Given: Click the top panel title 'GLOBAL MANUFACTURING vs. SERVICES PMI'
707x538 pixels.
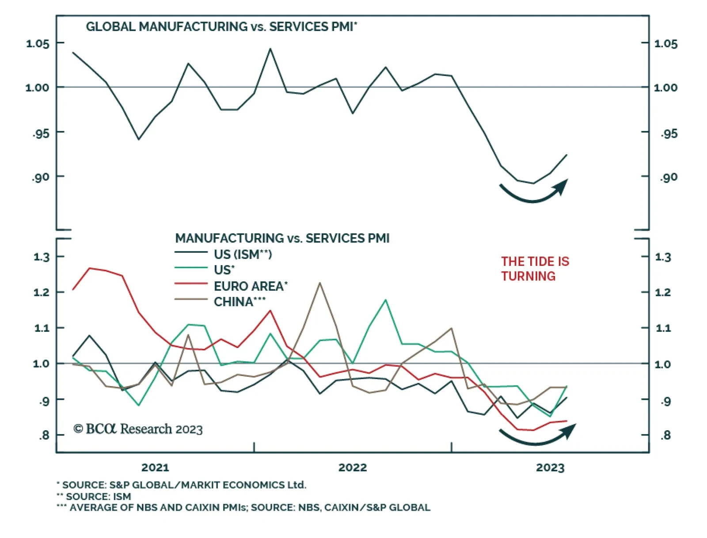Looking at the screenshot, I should tap(221, 27).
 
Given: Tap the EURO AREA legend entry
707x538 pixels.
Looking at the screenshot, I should tap(250, 286).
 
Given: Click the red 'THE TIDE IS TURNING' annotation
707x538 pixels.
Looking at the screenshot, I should tap(535, 269).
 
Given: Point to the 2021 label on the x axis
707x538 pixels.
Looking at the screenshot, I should tap(155, 467).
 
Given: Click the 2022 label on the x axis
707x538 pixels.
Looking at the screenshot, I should tap(353, 467).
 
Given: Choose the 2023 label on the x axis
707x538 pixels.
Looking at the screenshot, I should tap(550, 467).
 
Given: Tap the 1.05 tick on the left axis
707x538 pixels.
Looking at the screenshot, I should tap(38, 44).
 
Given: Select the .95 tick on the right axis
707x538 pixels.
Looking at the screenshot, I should tap(669, 133).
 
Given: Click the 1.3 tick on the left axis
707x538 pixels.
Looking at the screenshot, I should tap(42, 257).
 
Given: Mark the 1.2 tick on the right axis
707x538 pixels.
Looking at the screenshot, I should tap(662, 292).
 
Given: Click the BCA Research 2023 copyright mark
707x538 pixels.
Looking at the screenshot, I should tap(138, 429).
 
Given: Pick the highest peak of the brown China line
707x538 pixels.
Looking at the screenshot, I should tap(320, 283).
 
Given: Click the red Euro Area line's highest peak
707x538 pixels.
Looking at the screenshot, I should tap(90, 268).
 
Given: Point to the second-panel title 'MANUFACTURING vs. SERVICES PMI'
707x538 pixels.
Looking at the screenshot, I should tap(282, 239).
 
